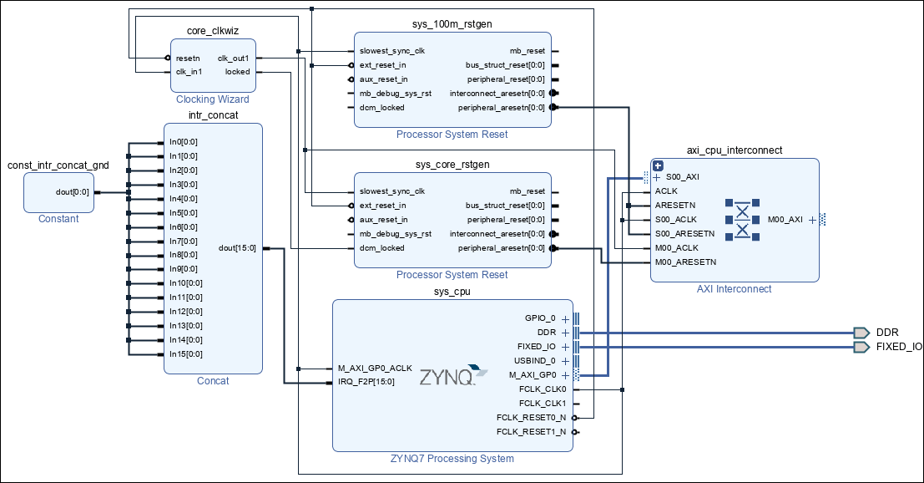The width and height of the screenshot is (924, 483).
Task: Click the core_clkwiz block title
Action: click(x=213, y=31)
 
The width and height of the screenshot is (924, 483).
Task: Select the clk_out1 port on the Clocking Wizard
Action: click(x=234, y=58)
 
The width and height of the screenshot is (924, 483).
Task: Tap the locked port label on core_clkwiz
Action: click(x=237, y=72)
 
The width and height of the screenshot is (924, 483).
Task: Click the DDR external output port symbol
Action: click(x=861, y=333)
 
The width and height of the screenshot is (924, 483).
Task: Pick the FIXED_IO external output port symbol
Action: click(x=861, y=347)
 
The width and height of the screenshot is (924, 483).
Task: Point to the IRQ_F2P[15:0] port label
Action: click(x=366, y=382)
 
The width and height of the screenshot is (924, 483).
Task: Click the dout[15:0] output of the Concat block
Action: click(x=238, y=247)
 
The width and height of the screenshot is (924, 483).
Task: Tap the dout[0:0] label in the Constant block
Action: click(x=72, y=191)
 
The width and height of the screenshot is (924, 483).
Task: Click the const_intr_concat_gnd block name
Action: click(x=58, y=166)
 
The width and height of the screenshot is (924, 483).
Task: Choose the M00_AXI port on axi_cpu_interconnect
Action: click(x=785, y=220)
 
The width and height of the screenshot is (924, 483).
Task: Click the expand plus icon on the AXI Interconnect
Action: click(x=658, y=165)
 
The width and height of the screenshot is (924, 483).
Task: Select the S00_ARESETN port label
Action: click(x=684, y=233)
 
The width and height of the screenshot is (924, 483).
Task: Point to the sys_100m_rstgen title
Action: click(x=452, y=23)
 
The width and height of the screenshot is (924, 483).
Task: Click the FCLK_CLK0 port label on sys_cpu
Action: click(x=543, y=389)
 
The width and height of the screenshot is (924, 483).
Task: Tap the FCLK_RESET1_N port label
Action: click(x=532, y=432)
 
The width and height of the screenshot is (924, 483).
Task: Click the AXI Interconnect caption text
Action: click(x=734, y=289)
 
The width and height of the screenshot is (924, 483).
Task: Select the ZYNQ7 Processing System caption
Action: click(x=452, y=458)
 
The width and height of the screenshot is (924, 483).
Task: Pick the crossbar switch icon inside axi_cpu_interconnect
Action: click(x=741, y=219)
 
